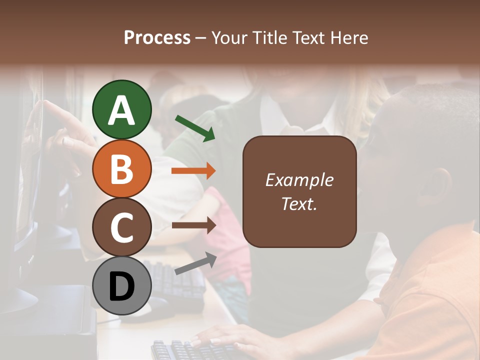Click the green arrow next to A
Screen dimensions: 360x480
[x=195, y=128]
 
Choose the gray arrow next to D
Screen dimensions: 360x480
[x=195, y=263]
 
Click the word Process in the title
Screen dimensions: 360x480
[x=157, y=37]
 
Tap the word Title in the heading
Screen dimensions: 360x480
[x=270, y=37]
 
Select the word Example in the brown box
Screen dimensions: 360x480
[x=299, y=180]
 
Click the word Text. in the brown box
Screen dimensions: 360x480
[x=299, y=203]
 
